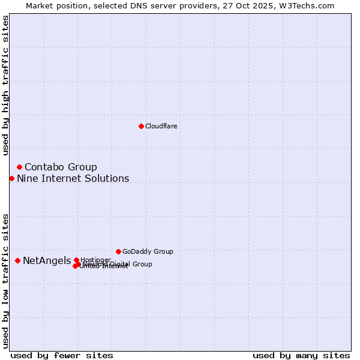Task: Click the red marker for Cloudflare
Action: [x=141, y=126]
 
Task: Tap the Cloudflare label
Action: [x=161, y=126]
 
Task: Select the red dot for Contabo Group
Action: [x=19, y=167]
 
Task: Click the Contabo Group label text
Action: [x=61, y=167]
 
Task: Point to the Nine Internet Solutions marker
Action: [x=11, y=178]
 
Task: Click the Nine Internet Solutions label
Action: [x=73, y=178]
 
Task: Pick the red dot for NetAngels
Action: [x=17, y=260]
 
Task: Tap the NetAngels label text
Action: [x=47, y=260]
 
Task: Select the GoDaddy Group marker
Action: [x=118, y=251]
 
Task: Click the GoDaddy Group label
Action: [x=148, y=251]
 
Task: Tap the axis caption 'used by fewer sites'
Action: [x=62, y=355]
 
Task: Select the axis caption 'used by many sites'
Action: [x=301, y=355]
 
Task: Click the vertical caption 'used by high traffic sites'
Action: [x=5, y=85]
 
